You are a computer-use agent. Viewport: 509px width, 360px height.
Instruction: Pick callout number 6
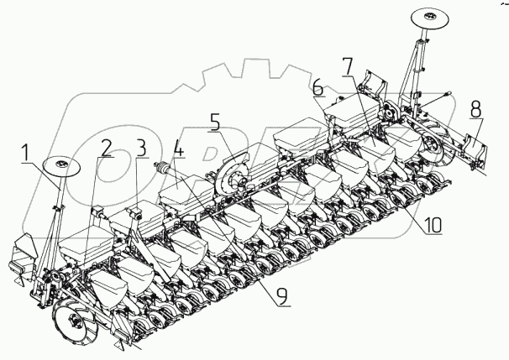(x=317, y=87)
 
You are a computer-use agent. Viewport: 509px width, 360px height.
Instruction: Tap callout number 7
(x=349, y=64)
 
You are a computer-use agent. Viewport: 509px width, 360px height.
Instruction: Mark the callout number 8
(x=476, y=108)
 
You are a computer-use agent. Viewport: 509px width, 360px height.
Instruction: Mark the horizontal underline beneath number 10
(x=428, y=234)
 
